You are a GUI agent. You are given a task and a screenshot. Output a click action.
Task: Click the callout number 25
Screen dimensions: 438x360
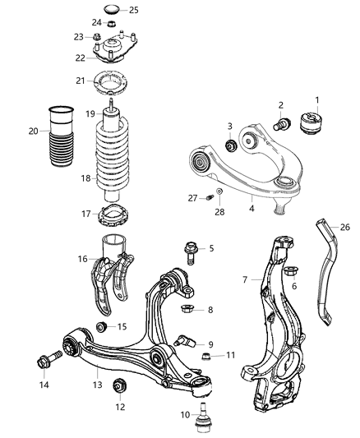pyautogui.click(x=134, y=10)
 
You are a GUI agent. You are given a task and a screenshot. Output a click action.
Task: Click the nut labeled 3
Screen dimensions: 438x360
pyautogui.click(x=233, y=146)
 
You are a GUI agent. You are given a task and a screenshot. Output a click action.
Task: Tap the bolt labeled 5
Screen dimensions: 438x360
pyautogui.click(x=191, y=250)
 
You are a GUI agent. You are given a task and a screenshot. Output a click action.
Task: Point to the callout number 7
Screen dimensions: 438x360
pyautogui.click(x=246, y=280)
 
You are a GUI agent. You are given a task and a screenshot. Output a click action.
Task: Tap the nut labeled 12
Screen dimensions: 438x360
pyautogui.click(x=121, y=383)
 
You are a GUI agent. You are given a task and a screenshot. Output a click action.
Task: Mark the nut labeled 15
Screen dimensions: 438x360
pyautogui.click(x=101, y=327)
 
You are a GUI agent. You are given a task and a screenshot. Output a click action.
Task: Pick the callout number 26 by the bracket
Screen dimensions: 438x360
pyautogui.click(x=345, y=227)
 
